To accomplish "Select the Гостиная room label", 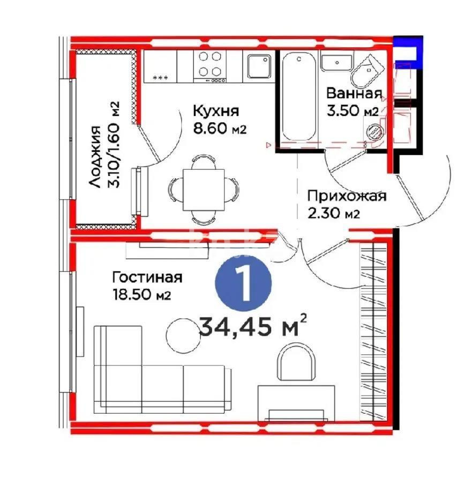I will pyautogui.click(x=147, y=277).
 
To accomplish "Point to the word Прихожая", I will pyautogui.click(x=347, y=196).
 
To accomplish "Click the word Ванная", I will pyautogui.click(x=354, y=93).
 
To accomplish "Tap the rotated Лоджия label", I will pyautogui.click(x=95, y=156).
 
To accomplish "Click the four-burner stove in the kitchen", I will pyautogui.click(x=211, y=65).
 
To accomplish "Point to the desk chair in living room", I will pyautogui.click(x=294, y=362).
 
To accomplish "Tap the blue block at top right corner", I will pyautogui.click(x=408, y=52).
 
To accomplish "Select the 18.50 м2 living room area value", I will pyautogui.click(x=141, y=295).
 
